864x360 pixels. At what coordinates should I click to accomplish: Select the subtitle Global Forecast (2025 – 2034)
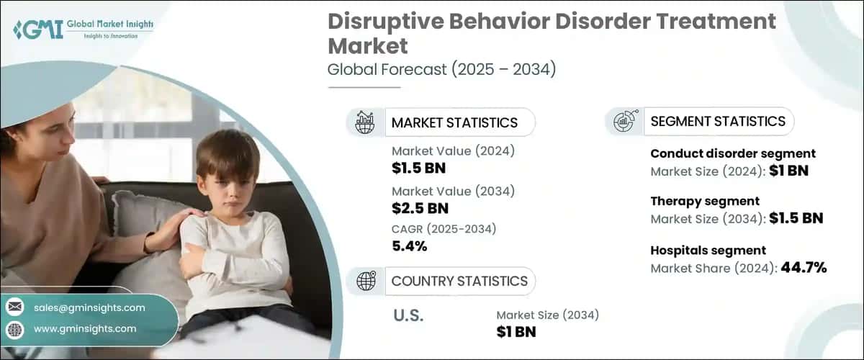tap(441, 70)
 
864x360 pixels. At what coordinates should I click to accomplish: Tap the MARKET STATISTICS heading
tap(454, 122)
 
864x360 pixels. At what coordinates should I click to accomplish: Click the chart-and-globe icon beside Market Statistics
tap(365, 122)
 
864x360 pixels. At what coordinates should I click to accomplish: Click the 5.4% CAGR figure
tap(410, 246)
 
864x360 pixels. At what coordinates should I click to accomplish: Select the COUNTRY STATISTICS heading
tap(459, 281)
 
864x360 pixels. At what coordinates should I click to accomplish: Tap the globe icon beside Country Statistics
tap(366, 281)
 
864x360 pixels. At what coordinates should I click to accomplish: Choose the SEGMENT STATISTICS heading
tap(717, 122)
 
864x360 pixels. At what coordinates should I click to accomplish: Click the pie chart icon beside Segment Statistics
tap(623, 122)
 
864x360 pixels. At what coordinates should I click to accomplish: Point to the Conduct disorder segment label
tap(732, 153)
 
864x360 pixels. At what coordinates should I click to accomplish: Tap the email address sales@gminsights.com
tap(89, 307)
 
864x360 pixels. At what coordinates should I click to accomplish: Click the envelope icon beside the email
tap(14, 307)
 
